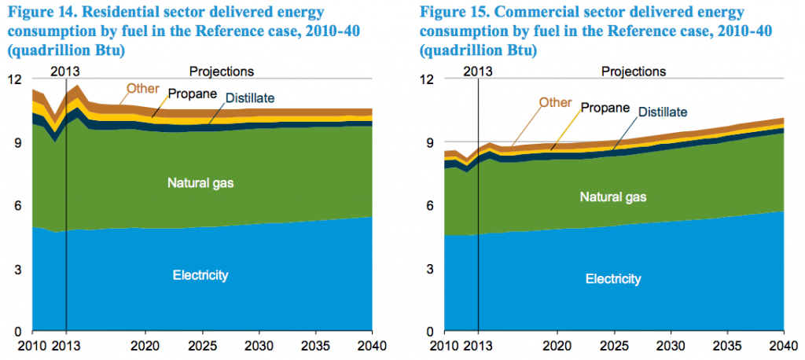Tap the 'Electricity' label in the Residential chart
(200, 275)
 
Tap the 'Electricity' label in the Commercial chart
(613, 279)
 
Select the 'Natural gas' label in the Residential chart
(200, 183)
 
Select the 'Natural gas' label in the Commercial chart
(613, 197)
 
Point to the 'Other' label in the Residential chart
(142, 88)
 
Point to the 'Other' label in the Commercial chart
(555, 102)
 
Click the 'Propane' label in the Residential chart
(191, 94)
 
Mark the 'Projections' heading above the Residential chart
(222, 72)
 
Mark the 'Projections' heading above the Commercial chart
(634, 72)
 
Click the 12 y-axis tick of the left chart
(15, 79)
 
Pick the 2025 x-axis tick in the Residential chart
(201, 345)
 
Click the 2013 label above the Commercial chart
(478, 72)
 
